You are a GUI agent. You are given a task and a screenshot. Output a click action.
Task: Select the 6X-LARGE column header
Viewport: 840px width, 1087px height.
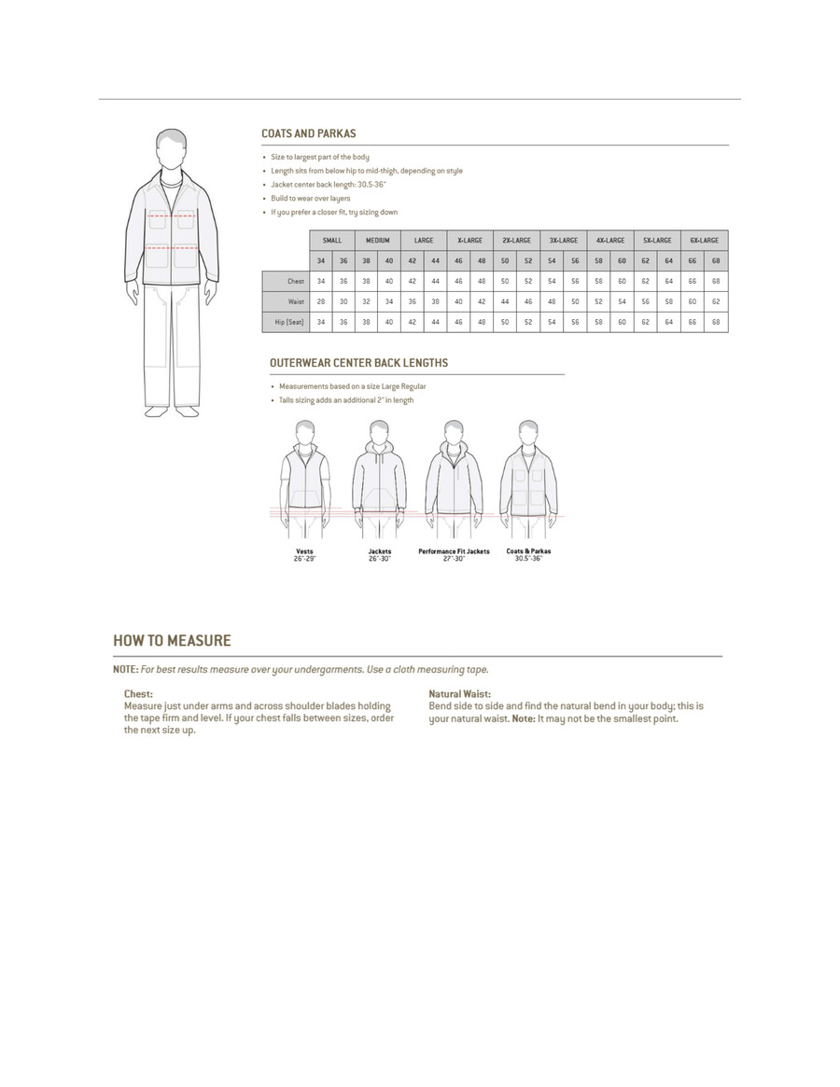[x=704, y=241]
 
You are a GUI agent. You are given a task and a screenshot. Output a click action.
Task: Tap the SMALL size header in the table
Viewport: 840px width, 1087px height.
[x=331, y=241]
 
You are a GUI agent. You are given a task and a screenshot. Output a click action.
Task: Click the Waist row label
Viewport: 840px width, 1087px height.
[x=296, y=301]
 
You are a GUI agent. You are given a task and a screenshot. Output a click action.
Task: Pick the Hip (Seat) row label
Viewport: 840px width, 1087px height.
[x=290, y=322]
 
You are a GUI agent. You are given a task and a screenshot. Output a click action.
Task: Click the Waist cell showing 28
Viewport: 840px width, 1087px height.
[x=320, y=301]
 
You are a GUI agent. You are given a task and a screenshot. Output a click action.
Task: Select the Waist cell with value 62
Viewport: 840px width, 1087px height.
[x=716, y=301]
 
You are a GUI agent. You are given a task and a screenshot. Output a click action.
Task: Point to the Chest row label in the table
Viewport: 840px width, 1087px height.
[x=296, y=281]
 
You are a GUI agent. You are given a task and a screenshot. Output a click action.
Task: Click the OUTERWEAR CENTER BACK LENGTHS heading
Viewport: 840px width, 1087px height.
[x=358, y=363]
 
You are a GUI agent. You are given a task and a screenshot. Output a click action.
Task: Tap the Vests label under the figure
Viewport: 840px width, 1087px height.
[x=304, y=551]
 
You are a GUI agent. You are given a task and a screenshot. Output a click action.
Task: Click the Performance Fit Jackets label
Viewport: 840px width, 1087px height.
[x=454, y=551]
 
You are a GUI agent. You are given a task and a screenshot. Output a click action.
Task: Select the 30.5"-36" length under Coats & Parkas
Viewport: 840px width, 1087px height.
[x=528, y=558]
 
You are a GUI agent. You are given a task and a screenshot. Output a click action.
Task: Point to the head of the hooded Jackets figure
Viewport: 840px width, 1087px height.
[x=379, y=430]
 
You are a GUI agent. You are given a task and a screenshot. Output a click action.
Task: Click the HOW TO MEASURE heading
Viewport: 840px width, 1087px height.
[x=172, y=641]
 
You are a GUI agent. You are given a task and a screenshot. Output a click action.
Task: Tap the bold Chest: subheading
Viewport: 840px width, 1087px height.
[x=138, y=694]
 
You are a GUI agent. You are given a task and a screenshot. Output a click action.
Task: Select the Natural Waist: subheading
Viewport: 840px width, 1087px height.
[x=459, y=694]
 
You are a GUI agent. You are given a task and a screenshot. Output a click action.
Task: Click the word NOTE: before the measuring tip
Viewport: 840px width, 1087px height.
[x=125, y=670]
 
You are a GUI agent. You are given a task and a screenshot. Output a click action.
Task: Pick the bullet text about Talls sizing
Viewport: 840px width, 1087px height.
[x=344, y=400]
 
